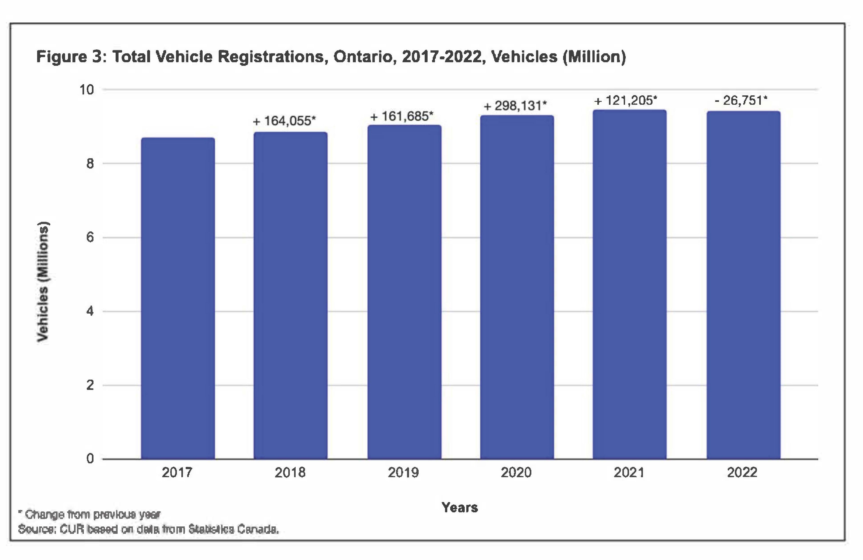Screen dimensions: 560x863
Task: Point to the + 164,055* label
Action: click(284, 121)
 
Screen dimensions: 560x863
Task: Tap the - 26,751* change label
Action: click(741, 100)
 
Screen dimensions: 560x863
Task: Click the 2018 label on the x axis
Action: click(290, 472)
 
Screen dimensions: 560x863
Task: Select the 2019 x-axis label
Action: click(403, 472)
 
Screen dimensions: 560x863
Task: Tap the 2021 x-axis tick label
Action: click(629, 472)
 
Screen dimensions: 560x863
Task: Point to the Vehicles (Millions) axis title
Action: click(43, 281)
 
